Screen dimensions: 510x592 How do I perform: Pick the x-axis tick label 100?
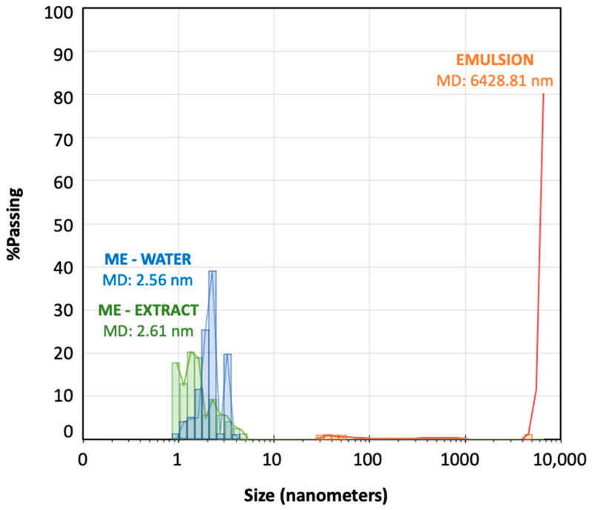pyautogui.click(x=369, y=460)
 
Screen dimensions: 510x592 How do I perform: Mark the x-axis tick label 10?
pyautogui.click(x=274, y=460)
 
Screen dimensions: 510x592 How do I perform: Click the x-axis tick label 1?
pyautogui.click(x=177, y=460)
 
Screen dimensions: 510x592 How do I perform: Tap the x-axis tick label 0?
pyautogui.click(x=82, y=460)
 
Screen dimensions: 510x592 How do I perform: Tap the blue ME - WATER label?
pyautogui.click(x=146, y=259)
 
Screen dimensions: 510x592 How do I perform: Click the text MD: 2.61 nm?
pyautogui.click(x=145, y=331)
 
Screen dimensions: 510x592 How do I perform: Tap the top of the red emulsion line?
pyautogui.click(x=544, y=95)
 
